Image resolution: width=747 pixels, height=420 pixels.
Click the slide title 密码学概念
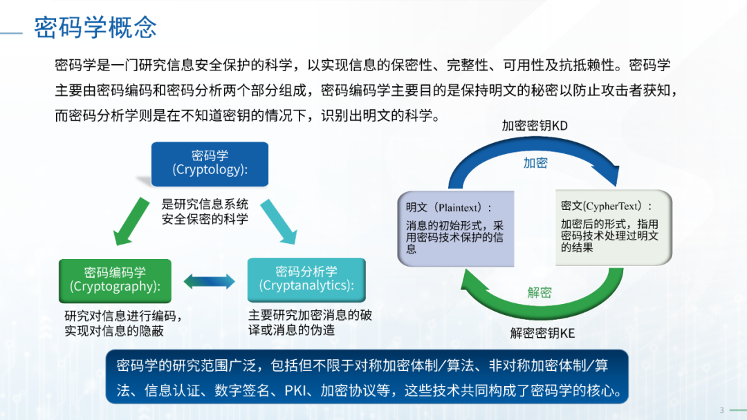[x=95, y=27]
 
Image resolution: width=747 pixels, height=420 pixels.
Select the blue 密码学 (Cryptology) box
[x=210, y=164]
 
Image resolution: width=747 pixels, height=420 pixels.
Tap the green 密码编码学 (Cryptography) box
[x=115, y=280]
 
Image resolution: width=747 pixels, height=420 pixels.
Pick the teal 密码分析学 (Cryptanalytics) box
[x=306, y=280]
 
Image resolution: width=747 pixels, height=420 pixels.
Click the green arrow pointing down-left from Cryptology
[x=131, y=222]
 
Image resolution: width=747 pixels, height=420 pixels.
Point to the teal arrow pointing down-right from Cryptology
[x=279, y=222]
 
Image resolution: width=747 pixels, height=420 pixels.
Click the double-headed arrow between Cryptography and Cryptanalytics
[x=209, y=282]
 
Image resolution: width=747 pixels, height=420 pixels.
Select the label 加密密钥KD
[x=535, y=126]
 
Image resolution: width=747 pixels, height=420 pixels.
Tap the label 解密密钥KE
[x=542, y=333]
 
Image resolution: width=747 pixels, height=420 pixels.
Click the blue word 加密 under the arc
[x=535, y=163]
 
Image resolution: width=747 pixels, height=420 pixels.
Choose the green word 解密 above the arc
[x=539, y=292]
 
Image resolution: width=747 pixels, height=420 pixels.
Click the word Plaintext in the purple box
[x=459, y=207]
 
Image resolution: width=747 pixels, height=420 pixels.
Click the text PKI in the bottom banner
[x=295, y=390]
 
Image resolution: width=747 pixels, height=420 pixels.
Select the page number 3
[x=721, y=410]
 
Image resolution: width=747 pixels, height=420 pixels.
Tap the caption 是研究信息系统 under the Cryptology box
[x=205, y=204]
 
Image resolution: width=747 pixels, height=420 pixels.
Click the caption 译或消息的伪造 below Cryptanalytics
[x=292, y=330]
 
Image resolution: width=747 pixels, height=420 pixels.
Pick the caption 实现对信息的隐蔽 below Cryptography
[x=114, y=331]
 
